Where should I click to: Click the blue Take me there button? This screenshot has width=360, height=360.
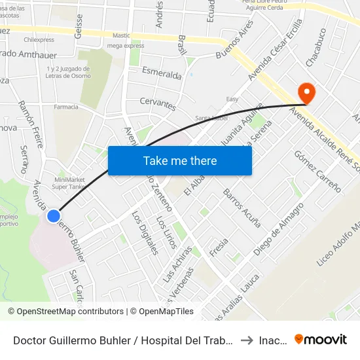coord(180,160)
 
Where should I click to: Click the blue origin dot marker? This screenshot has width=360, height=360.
coord(54,215)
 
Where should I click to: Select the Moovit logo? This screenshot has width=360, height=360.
coord(321,340)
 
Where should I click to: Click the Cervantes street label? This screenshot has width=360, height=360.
coord(158,103)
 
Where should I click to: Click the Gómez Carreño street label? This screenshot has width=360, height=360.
coord(317,171)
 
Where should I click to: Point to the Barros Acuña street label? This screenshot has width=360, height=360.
coord(242,207)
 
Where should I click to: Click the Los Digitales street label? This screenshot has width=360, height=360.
coord(145,232)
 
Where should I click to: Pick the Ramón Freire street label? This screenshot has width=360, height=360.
coord(31,118)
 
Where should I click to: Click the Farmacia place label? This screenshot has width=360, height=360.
coord(65,107)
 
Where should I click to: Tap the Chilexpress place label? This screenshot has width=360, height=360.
coord(39,39)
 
